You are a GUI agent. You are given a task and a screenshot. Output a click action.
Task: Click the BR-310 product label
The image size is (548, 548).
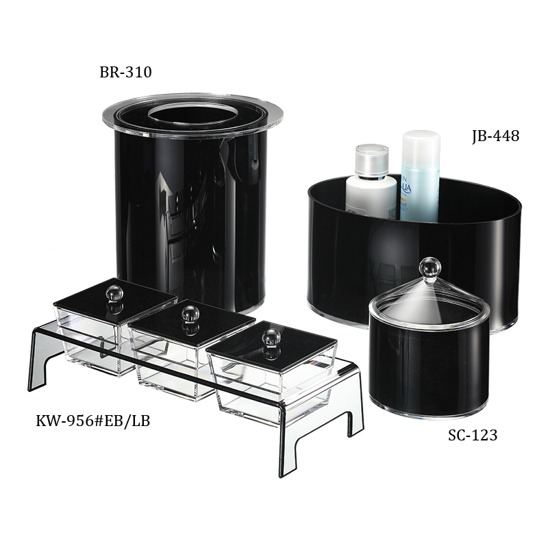[x=125, y=73]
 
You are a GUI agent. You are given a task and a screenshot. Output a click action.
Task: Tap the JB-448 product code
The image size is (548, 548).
[x=495, y=136]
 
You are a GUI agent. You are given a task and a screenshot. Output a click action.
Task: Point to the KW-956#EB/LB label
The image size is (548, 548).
[x=92, y=420]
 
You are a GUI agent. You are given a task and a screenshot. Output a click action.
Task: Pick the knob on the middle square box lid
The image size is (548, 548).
[x=190, y=314]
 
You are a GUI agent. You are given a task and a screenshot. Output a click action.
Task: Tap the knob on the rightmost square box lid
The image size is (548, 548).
[x=272, y=337]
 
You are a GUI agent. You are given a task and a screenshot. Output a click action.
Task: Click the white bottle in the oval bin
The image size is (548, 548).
[x=371, y=195]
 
